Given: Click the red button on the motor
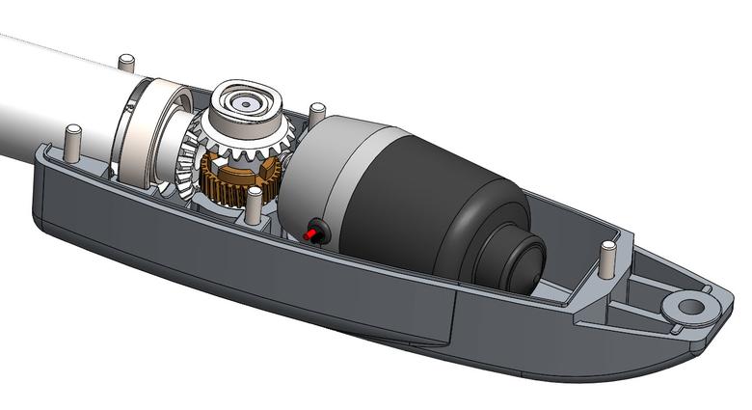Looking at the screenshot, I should tap(311, 234).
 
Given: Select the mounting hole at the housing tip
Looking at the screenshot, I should tap(690, 307).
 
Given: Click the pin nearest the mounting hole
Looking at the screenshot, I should tap(607, 258).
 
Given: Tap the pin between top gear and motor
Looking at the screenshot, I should tap(314, 111).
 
